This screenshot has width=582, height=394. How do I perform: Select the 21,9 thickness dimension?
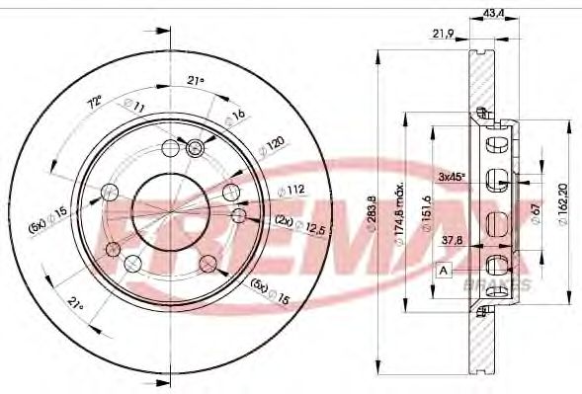point(442,33)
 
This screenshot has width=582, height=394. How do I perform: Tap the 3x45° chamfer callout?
point(452,177)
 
